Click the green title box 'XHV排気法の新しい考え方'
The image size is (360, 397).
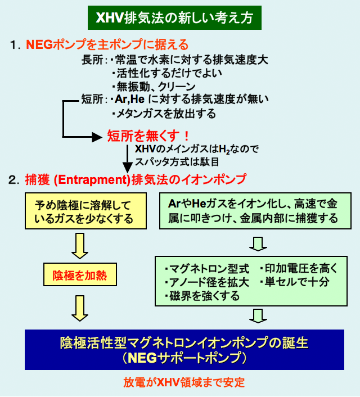(174, 19)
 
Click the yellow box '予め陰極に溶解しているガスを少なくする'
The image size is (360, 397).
(85, 211)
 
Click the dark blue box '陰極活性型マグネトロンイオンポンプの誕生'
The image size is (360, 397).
(184, 349)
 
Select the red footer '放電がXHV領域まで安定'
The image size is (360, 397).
(184, 382)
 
